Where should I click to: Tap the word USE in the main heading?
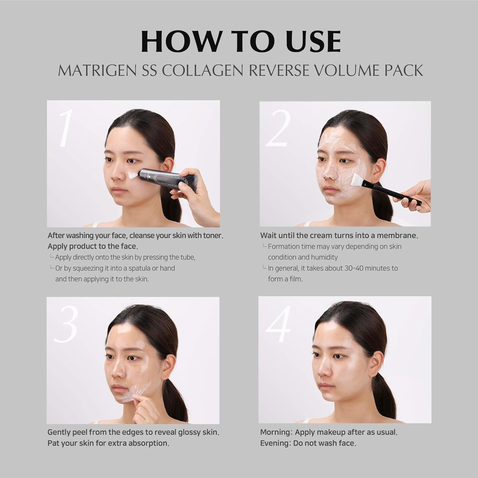pyautogui.click(x=306, y=41)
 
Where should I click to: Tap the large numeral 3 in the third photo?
pyautogui.click(x=66, y=324)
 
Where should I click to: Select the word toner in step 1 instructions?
pyautogui.click(x=213, y=236)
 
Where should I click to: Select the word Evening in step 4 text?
pyautogui.click(x=275, y=443)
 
